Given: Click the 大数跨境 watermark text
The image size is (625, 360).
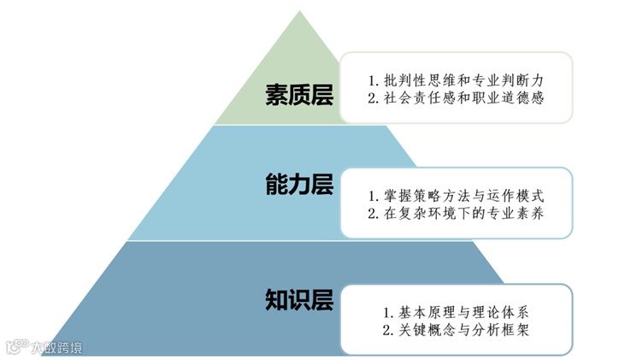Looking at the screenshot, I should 57,347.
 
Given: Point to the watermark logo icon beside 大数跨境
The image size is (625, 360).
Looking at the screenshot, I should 17,346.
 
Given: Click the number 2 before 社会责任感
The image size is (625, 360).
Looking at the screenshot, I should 372,97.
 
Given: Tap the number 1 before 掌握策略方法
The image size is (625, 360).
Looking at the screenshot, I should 372,197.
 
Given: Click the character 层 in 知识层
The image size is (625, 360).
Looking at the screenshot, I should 321,300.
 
